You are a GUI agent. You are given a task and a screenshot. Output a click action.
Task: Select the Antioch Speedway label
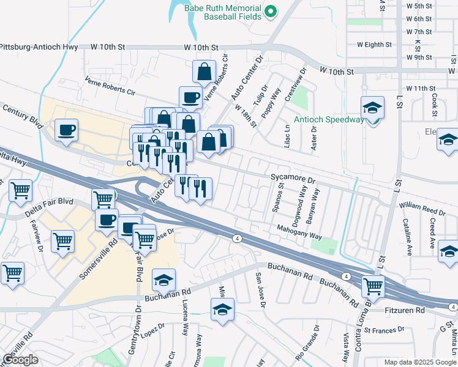(328, 119)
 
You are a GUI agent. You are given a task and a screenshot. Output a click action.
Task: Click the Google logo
(21, 360)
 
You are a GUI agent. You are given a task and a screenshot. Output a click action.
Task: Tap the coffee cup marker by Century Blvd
(66, 130)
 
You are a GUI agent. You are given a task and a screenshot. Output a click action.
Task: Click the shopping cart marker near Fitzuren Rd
(372, 286)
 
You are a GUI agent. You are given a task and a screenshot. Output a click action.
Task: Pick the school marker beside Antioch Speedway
(372, 108)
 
